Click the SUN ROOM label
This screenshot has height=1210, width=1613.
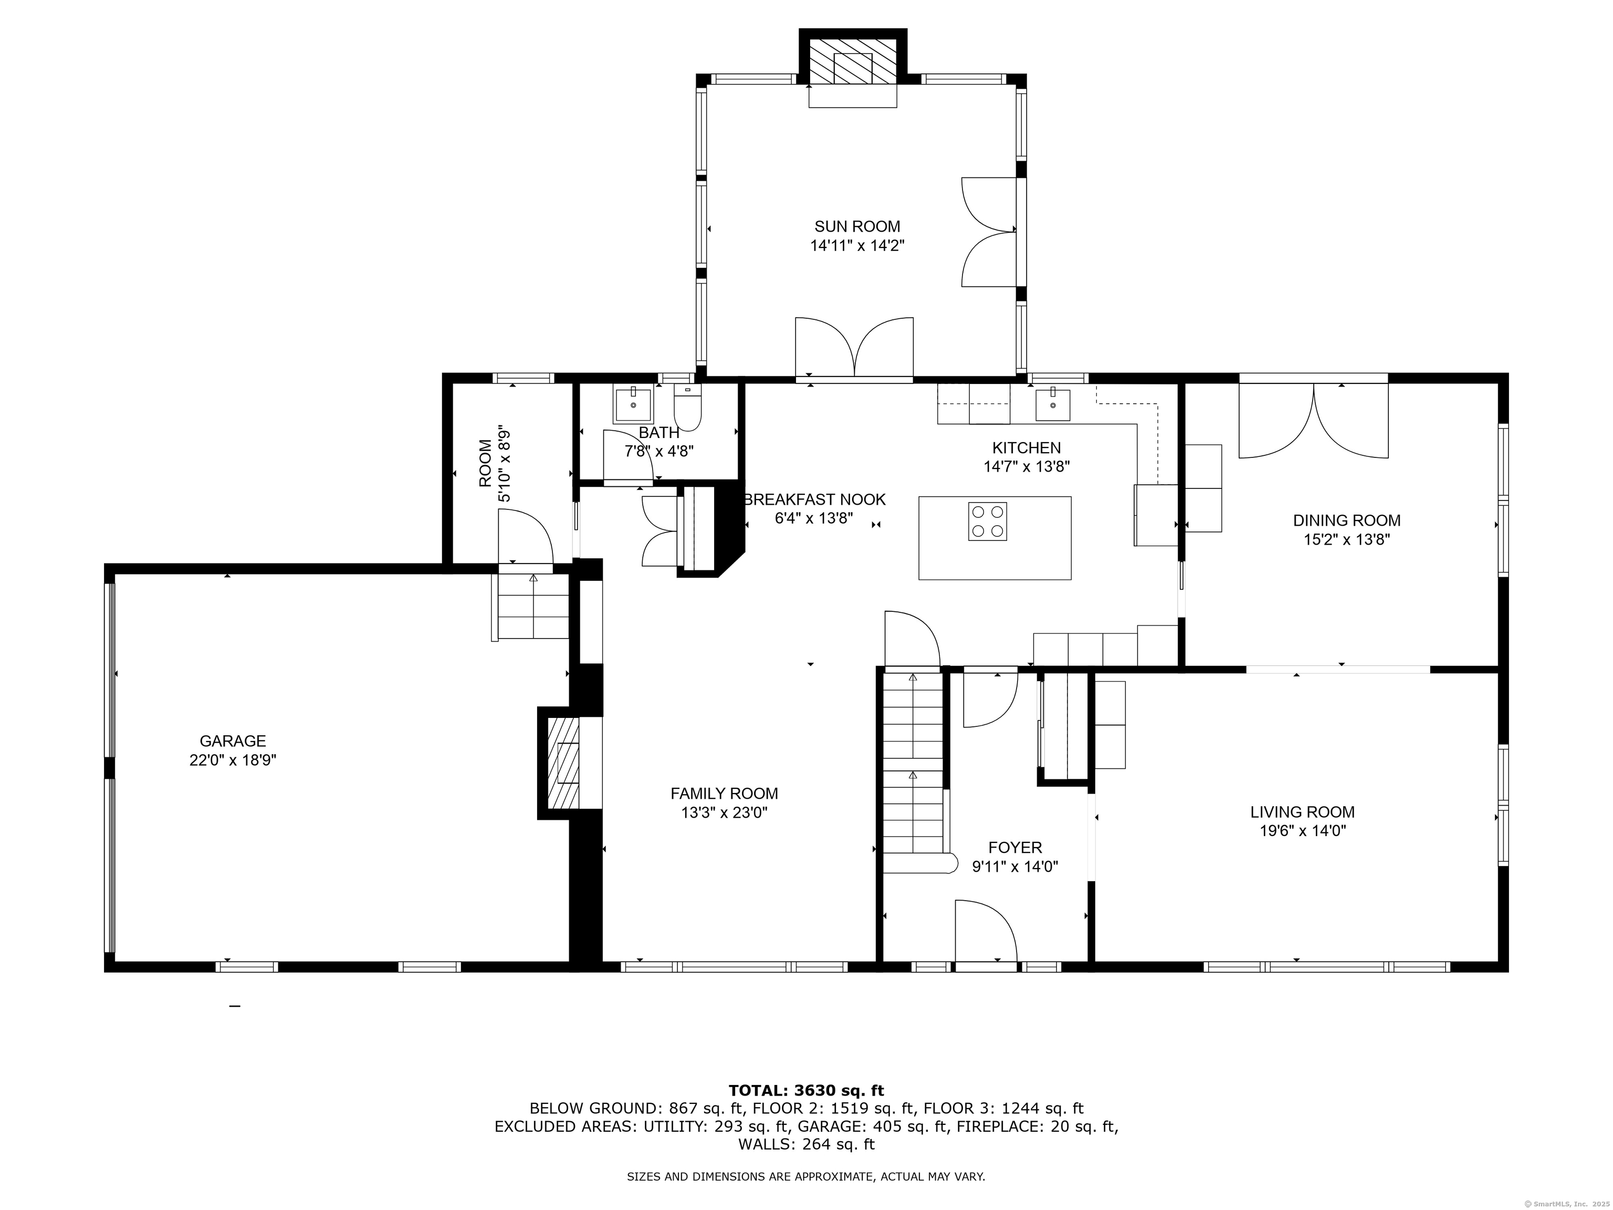tap(857, 227)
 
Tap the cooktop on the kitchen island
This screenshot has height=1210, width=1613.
tap(987, 521)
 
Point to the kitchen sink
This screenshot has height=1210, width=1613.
tap(1053, 405)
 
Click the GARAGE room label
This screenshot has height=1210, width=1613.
tap(233, 741)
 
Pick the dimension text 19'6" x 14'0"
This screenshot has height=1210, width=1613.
tap(1302, 831)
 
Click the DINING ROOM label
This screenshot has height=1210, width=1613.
tap(1347, 521)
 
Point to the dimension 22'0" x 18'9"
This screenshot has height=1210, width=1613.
tap(233, 760)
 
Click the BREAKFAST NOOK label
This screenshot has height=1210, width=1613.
tap(814, 499)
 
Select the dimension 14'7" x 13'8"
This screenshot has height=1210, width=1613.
tap(1026, 467)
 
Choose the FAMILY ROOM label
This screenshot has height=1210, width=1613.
tap(724, 794)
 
